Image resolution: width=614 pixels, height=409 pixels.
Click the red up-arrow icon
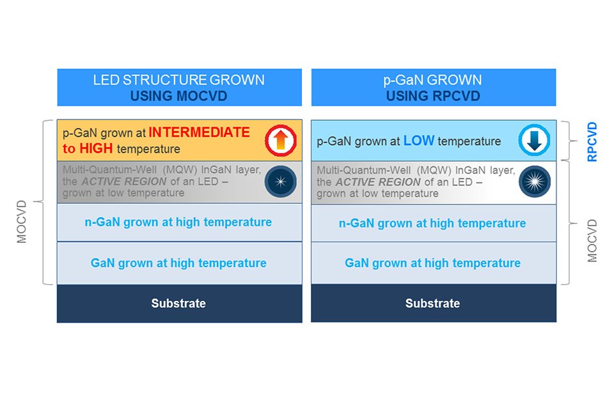(281, 141)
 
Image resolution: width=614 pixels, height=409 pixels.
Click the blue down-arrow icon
(535, 141)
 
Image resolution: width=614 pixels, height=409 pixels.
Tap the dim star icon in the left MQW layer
(281, 181)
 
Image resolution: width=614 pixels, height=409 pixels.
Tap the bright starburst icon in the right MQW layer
(535, 181)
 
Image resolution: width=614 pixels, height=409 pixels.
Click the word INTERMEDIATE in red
(199, 133)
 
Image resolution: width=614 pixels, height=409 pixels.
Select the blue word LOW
(419, 141)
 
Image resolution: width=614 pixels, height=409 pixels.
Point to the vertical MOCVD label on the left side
(22, 221)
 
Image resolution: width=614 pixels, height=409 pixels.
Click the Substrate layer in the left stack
(178, 304)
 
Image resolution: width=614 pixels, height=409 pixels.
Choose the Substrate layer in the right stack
(432, 304)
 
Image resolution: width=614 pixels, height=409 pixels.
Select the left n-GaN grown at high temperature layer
(178, 222)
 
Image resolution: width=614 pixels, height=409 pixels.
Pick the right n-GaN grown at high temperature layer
(432, 223)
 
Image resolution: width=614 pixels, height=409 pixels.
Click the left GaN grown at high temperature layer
(178, 263)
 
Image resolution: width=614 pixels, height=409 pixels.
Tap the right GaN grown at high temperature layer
(432, 263)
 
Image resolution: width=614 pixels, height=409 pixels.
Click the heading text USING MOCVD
(178, 96)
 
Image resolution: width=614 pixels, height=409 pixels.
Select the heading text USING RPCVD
(433, 96)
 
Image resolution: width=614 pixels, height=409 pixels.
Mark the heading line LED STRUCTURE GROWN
(178, 81)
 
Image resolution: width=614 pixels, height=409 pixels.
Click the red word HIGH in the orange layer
(97, 149)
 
